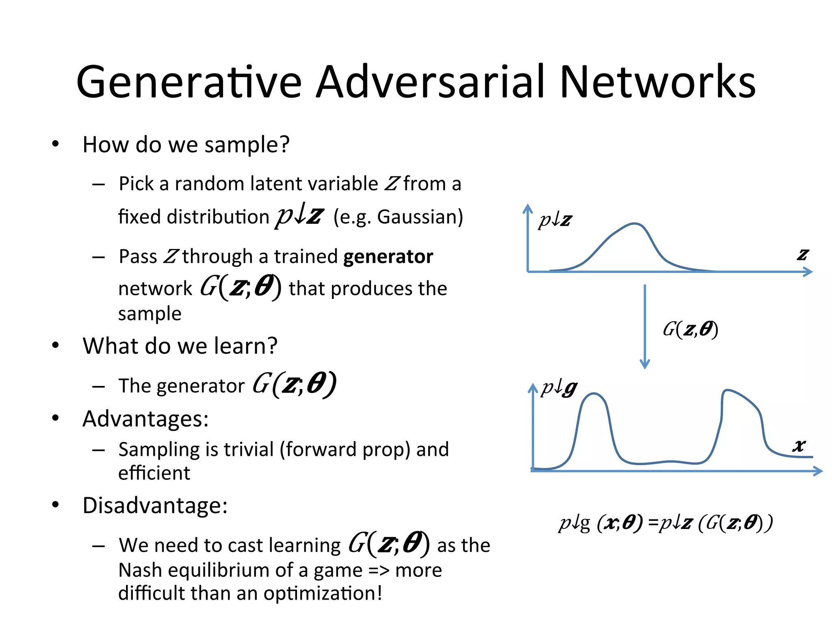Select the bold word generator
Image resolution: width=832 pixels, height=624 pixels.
(x=388, y=257)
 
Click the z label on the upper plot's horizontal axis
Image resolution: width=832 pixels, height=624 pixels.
(x=802, y=255)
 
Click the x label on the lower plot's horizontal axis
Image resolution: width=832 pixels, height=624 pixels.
(x=799, y=446)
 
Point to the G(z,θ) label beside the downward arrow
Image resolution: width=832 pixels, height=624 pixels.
(x=690, y=329)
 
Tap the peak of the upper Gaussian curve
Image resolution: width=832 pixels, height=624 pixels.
(x=634, y=223)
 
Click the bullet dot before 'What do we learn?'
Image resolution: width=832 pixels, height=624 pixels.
(x=56, y=346)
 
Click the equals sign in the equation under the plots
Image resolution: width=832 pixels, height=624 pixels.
(x=653, y=522)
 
